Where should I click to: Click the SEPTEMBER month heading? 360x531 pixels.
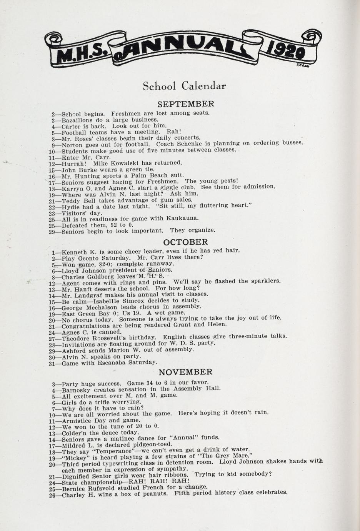point(186,104)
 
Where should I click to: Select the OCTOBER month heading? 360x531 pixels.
point(185,242)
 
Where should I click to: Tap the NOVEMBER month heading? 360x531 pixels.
point(185,372)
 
